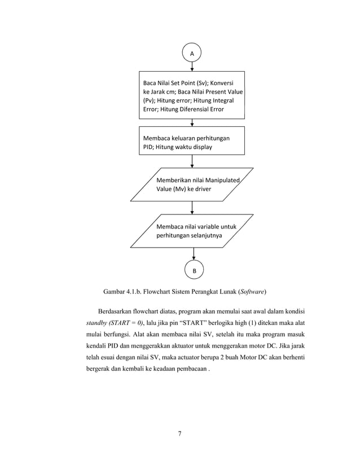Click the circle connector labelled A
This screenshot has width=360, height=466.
[x=192, y=52]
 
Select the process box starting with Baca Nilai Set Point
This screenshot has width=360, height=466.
[x=192, y=95]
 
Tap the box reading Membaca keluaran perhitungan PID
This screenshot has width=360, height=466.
[x=192, y=140]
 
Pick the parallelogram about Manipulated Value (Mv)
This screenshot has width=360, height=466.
[x=192, y=184]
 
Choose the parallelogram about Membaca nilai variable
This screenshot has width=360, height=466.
[x=192, y=231]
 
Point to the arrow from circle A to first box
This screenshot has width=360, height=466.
[x=192, y=66]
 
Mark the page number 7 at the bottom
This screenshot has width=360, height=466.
[x=179, y=433]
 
